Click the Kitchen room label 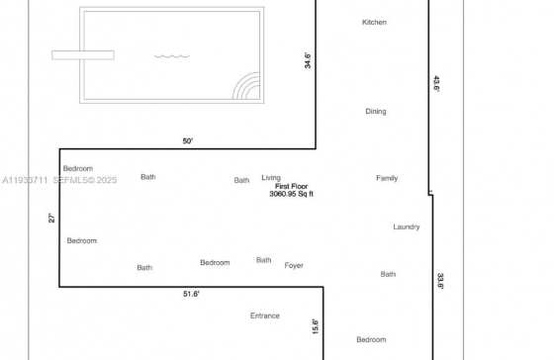pos(374,23)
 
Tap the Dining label pos(376,112)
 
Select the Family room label pos(387,178)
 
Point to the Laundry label pos(407,227)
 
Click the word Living pos(271,178)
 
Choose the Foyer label pos(294,266)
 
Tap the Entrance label pos(265,315)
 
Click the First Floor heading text pos(292,186)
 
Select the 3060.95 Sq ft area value pos(291,194)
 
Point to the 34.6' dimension pos(308,60)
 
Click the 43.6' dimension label pos(436,84)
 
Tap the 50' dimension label pos(188,141)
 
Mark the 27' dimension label pos(51,218)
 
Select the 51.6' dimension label pos(191,294)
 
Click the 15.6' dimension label pos(316,326)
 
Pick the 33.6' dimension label pos(440,281)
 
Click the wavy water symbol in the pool pos(172,55)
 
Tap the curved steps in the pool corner pos(246,86)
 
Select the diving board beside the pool pos(83,55)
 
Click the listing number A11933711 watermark pos(25,180)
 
